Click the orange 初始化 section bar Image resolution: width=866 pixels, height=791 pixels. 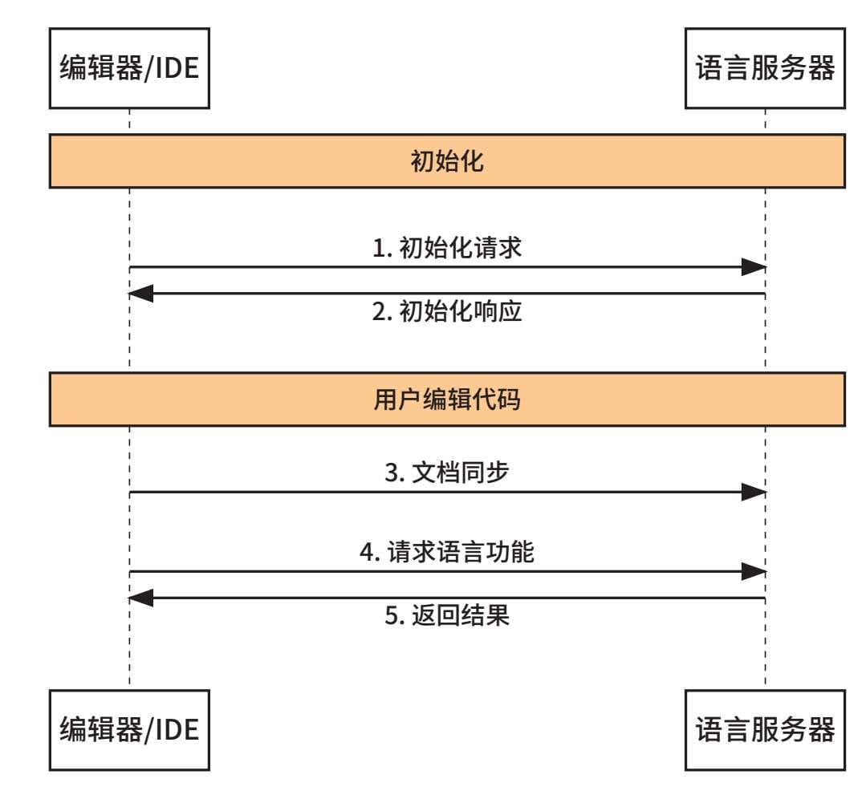click(x=447, y=161)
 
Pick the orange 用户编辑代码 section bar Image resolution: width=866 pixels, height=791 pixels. click(x=447, y=399)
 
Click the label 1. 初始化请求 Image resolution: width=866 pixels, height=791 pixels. click(x=447, y=248)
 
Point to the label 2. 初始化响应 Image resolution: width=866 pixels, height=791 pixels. click(x=447, y=311)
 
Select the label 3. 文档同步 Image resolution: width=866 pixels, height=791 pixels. click(x=447, y=473)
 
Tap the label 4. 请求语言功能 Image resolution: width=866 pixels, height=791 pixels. click(x=447, y=552)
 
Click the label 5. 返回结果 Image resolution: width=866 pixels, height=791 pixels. click(x=447, y=615)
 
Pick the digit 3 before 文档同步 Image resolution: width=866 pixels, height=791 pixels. click(x=392, y=473)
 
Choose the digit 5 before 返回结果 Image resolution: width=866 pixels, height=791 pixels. click(x=392, y=615)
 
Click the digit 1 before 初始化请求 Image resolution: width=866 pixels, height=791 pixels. click(x=380, y=249)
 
